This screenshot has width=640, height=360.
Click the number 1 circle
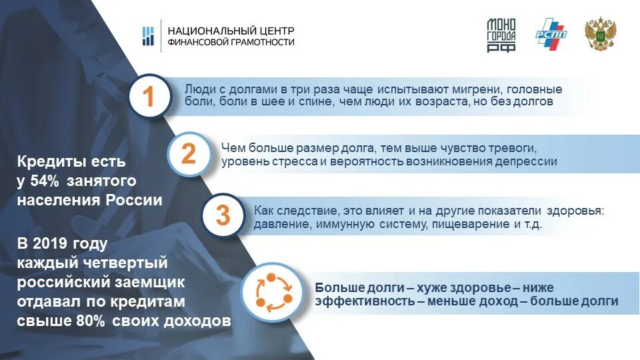coord(149,97)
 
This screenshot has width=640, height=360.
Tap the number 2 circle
coord(189,154)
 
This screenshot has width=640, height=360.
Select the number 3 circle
coord(223,215)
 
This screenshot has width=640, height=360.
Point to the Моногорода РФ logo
coord(501,35)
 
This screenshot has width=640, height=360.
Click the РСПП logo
coord(551,35)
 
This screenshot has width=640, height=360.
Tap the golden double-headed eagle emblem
coord(599,35)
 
